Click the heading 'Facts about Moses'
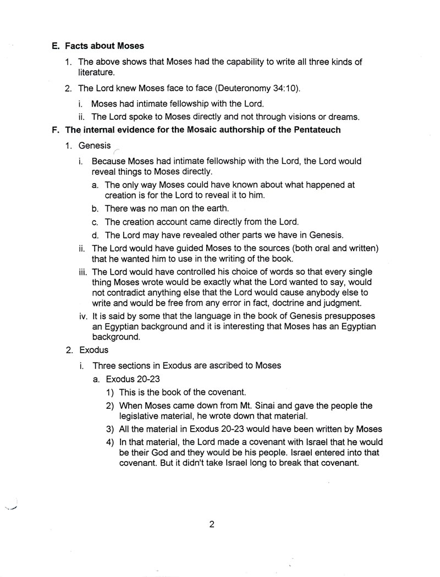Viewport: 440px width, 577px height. (x=105, y=46)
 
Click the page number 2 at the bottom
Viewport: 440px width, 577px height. (x=212, y=524)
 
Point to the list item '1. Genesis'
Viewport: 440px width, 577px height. (x=95, y=146)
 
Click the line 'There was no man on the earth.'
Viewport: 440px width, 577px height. (x=167, y=208)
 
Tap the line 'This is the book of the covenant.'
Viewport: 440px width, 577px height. (x=182, y=392)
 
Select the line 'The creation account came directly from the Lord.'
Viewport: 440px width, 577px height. (x=201, y=221)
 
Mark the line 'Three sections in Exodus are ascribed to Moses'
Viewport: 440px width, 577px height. (x=187, y=365)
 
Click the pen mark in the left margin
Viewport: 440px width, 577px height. (x=12, y=506)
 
